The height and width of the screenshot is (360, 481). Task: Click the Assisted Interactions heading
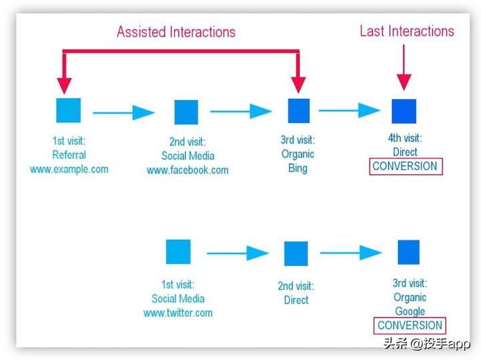click(176, 31)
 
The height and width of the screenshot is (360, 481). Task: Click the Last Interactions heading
click(406, 31)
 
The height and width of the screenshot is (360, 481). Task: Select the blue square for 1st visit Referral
click(68, 110)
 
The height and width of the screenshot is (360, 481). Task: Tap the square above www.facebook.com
click(186, 112)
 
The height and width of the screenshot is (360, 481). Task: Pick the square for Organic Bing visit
click(299, 110)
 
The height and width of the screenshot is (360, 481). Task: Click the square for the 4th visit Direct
click(404, 111)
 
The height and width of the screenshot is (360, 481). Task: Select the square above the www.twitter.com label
click(178, 252)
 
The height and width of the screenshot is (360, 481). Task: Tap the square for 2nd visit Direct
click(296, 254)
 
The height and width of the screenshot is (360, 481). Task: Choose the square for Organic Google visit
click(408, 252)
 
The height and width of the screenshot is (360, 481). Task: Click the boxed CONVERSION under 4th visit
click(405, 166)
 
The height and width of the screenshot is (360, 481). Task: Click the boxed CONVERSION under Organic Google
click(410, 326)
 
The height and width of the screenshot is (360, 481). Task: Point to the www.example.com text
click(69, 169)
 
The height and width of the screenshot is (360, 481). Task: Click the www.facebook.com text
click(188, 170)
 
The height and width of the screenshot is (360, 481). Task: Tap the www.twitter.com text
click(178, 313)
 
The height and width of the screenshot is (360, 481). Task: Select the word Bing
click(297, 168)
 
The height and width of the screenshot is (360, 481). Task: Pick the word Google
click(410, 311)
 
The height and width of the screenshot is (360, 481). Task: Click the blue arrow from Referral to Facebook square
click(124, 112)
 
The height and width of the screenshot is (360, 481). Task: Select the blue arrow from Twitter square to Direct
click(237, 253)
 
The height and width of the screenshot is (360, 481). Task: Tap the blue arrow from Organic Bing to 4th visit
click(349, 110)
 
